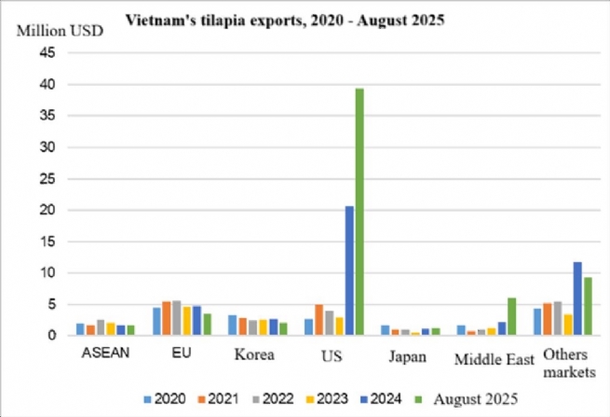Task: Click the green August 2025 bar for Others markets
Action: (587, 306)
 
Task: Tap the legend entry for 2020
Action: (162, 399)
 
